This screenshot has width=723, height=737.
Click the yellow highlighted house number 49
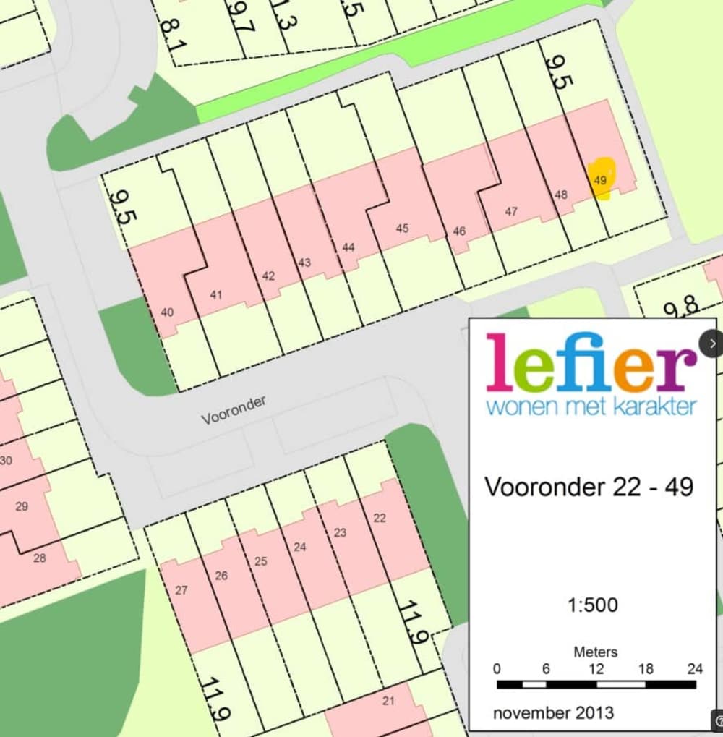[x=599, y=180]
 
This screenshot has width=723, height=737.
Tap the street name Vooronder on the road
[x=234, y=410]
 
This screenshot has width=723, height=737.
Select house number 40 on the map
[x=167, y=312]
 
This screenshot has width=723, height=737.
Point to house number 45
[x=402, y=229]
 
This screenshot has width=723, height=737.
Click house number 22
[x=380, y=518]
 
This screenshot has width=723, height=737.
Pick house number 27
[x=181, y=590]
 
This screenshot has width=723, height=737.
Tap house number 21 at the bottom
[x=388, y=700]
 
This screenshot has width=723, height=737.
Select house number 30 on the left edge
[x=6, y=460]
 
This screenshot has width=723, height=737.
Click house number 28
[x=40, y=558]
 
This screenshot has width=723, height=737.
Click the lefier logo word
[x=591, y=362]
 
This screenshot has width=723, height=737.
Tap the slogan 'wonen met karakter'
[x=591, y=405]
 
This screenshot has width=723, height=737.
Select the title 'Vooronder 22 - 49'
[x=589, y=487]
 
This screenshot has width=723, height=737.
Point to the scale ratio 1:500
[x=593, y=605]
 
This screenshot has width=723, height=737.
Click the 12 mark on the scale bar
[x=596, y=669]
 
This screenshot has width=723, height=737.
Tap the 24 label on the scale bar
[x=694, y=669]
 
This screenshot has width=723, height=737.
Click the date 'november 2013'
[x=553, y=713]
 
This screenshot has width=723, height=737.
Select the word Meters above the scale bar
[x=595, y=652]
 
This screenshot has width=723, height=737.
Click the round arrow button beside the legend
[x=712, y=344]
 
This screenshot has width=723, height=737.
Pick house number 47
[x=511, y=211]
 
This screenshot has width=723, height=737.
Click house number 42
[x=268, y=276]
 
